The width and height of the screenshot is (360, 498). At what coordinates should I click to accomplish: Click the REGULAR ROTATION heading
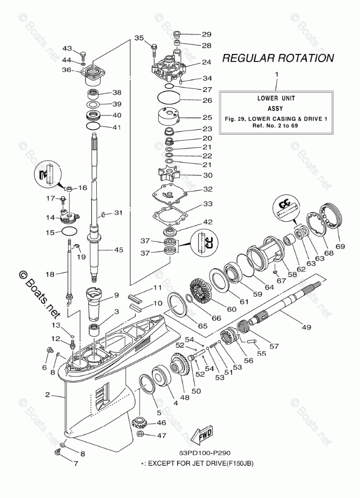pyautogui.click(x=278, y=58)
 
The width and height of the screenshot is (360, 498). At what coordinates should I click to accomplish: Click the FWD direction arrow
pyautogui.click(x=202, y=432)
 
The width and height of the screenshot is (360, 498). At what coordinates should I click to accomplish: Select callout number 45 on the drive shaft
pyautogui.click(x=118, y=249)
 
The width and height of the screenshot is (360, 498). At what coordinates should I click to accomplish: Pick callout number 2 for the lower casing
pyautogui.click(x=47, y=395)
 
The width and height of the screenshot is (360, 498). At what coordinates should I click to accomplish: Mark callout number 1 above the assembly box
pyautogui.click(x=276, y=75)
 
